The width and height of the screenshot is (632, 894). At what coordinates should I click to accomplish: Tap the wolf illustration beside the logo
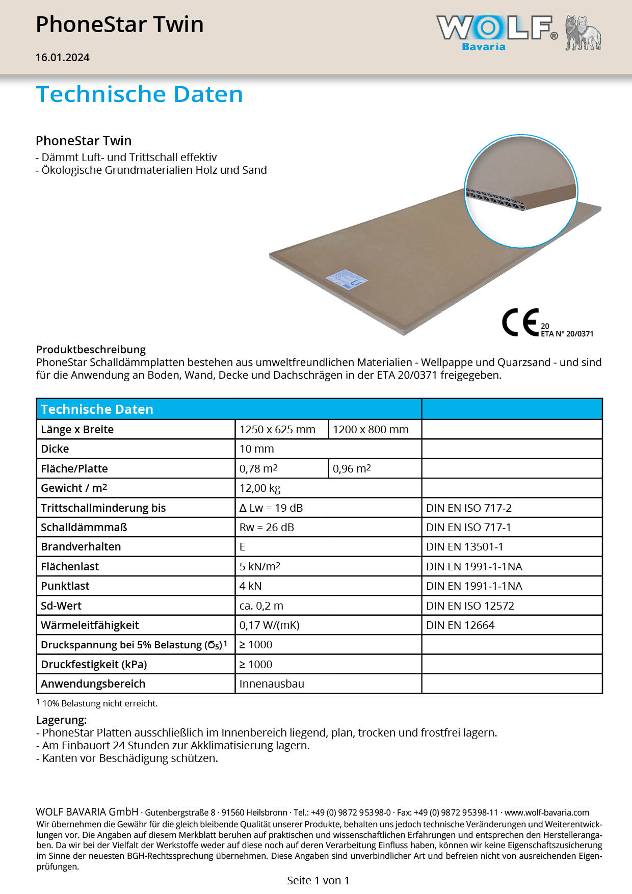point(583,33)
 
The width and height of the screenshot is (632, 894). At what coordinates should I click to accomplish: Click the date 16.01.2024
point(62,58)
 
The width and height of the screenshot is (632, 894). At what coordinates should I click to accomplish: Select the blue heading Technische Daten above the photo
point(139,94)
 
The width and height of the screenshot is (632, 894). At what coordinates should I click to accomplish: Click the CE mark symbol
point(520,322)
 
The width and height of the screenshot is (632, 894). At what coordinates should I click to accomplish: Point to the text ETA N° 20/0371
point(567,334)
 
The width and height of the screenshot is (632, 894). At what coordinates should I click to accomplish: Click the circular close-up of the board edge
point(520,191)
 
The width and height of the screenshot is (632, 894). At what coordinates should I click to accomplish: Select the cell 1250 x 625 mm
point(277,430)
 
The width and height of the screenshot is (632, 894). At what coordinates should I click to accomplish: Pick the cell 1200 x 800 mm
point(371,430)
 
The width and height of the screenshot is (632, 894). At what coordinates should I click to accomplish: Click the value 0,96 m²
point(352,469)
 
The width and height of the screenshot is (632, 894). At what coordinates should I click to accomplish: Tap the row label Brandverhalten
point(81,547)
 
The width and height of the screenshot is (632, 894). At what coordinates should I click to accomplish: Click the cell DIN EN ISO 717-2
point(468,508)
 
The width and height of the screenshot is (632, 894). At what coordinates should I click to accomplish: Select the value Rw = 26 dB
point(267,528)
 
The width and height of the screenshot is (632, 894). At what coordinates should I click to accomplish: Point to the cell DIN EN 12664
point(460,625)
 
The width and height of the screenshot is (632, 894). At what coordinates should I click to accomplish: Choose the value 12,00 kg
point(260,488)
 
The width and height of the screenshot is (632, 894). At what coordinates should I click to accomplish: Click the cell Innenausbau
point(272,684)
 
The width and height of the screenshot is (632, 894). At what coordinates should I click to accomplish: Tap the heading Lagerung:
point(61,720)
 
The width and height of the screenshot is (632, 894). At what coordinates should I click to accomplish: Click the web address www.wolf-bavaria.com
point(547,812)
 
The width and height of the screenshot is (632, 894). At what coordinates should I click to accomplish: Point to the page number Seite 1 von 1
point(318,880)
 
